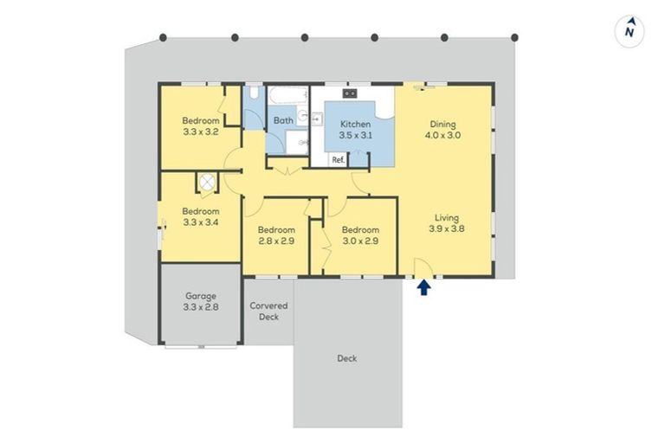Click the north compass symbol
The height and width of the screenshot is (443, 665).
click(x=631, y=31)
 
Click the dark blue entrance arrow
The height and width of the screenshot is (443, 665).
click(x=423, y=286)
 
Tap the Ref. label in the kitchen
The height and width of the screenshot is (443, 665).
click(x=338, y=159)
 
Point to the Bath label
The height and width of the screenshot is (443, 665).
click(x=283, y=121)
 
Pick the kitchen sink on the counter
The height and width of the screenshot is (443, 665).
click(x=350, y=93)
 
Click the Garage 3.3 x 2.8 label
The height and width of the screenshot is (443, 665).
click(x=201, y=301)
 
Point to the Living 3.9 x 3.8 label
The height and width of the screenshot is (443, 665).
click(x=447, y=223)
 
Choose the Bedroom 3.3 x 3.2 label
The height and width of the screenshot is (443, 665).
click(x=200, y=126)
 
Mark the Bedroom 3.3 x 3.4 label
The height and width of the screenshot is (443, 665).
click(x=200, y=216)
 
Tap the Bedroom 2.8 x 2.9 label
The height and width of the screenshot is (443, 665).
click(x=277, y=235)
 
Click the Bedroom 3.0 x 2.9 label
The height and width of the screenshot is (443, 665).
click(x=359, y=235)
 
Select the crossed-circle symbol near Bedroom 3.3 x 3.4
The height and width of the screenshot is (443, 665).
click(x=207, y=183)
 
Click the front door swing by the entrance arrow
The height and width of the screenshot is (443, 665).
click(x=423, y=268)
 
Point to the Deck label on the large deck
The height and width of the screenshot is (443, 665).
click(x=346, y=358)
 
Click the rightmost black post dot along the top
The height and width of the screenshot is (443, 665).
click(x=514, y=37)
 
